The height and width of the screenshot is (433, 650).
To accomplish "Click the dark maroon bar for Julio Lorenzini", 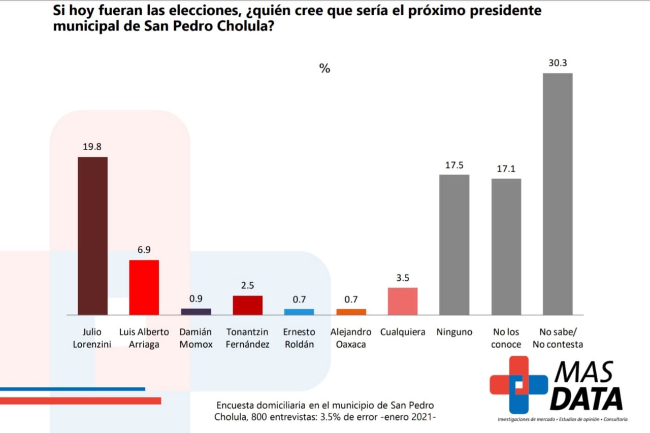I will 92,236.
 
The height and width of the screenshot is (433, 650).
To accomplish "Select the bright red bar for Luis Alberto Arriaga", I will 144,287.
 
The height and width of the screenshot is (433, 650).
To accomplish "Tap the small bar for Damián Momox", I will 196,311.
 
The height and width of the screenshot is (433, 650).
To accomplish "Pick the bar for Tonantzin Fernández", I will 248,305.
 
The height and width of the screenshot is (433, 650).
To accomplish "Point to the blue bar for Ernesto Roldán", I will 299,312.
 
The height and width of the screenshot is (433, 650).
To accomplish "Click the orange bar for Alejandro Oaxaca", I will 351,312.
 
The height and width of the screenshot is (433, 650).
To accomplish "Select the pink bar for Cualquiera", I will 403,302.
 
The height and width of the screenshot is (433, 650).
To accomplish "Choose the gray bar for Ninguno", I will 454,245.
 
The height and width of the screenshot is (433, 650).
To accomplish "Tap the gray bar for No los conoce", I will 506,247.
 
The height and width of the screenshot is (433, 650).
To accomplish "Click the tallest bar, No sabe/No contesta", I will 558,194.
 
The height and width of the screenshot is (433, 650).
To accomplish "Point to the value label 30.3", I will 558,63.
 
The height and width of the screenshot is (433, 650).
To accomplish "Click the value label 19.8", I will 92,147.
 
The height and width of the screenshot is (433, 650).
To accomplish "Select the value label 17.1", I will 506,169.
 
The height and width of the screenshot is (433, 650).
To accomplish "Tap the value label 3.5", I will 403,278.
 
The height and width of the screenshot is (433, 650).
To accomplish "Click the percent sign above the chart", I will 324,69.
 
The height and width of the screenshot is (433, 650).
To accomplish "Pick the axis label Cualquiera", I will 403,332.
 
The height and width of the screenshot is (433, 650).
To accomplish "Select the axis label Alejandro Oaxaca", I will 351,338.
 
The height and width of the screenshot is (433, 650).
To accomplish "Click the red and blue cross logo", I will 518,384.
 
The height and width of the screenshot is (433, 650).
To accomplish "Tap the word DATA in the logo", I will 587,398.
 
